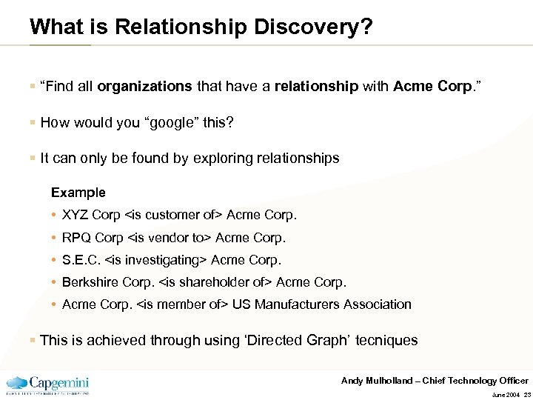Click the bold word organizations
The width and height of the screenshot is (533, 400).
click(144, 87)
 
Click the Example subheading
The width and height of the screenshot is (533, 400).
click(78, 193)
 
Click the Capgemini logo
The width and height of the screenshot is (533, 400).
click(47, 384)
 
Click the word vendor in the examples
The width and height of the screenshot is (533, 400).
click(172, 238)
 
